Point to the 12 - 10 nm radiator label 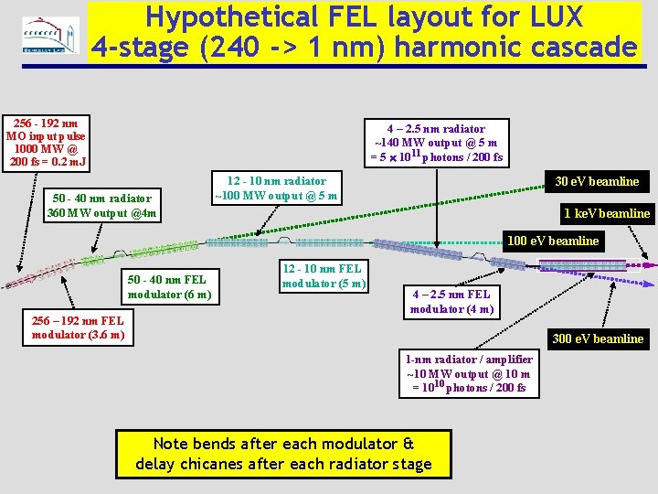(275, 188)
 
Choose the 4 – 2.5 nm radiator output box (435, 143)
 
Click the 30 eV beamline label (598, 181)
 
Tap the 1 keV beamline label (606, 213)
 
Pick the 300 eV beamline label (598, 338)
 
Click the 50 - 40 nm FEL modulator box (169, 286)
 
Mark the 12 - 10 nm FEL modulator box (322, 275)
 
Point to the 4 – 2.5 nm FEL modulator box (451, 301)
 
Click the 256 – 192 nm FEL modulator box (78, 328)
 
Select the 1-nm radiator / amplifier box (468, 373)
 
